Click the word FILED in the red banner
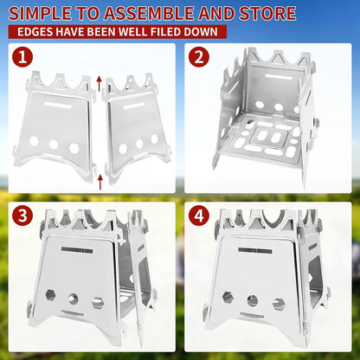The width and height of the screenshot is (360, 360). click(x=162, y=32)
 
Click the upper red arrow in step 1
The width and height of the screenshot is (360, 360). click(x=100, y=83)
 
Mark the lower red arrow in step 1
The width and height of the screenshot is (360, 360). click(x=100, y=179)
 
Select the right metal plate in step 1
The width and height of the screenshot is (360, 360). click(x=133, y=125)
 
